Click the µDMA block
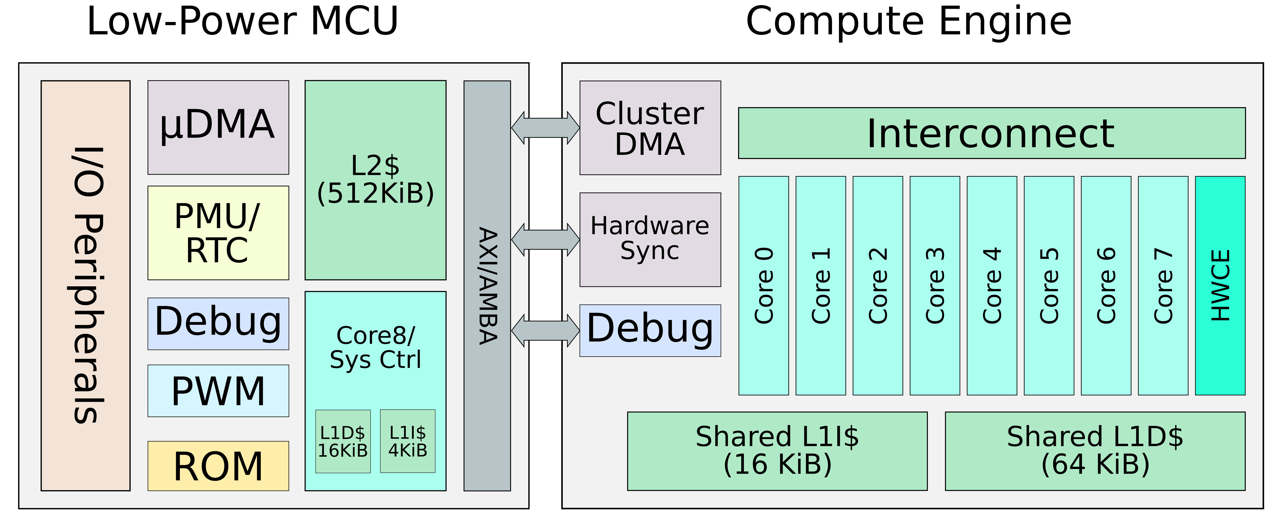pos(218,127)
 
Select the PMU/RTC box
pos(218,233)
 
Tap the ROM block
pos(218,466)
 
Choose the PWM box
pos(218,391)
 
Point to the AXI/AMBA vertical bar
pos(487,286)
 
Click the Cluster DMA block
pos(650,128)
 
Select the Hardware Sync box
pos(650,239)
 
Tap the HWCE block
pos(1220,286)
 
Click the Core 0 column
pos(764,286)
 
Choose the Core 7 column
pos(1163,286)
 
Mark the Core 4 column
pos(992,286)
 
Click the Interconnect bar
pos(992,133)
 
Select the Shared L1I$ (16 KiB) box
pos(777,451)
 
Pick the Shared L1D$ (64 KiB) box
pos(1095,451)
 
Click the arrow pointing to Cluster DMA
pos(545,128)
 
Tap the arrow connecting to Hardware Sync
pos(545,240)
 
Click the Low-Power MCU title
pos(242,22)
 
